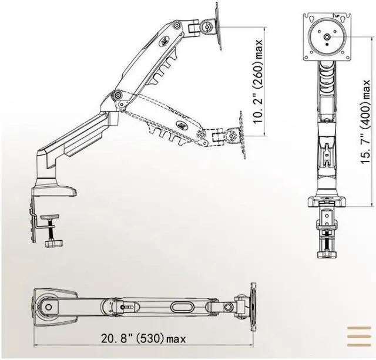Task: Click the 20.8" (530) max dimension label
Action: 143,339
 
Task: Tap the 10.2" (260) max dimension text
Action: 258,82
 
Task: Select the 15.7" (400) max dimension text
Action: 365,122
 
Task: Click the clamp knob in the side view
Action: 53,244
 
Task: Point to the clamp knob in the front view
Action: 327,254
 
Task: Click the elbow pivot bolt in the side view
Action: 117,95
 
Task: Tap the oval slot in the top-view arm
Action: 182,307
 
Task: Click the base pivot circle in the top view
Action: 48,307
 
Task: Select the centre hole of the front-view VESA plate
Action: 327,36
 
